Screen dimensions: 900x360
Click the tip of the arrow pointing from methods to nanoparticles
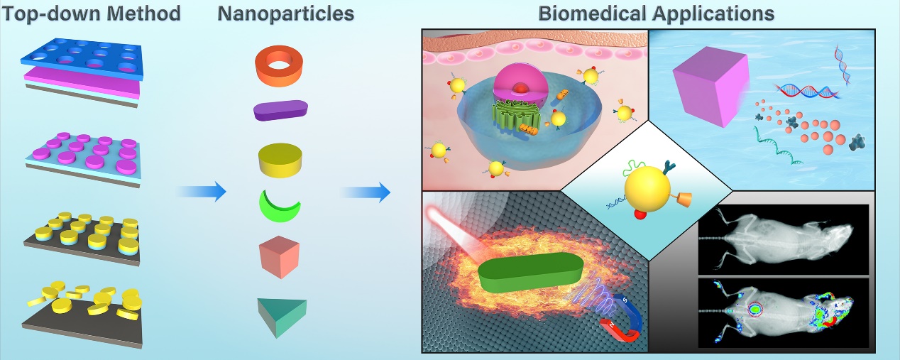(226, 192)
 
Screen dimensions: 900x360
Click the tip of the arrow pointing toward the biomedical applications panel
(390, 192)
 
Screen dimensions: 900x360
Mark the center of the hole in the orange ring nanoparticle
(279, 65)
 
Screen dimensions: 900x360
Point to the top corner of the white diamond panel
(648, 120)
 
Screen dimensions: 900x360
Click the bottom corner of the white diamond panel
(648, 261)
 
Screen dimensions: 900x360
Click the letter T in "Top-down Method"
(10, 14)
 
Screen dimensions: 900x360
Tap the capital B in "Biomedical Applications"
(546, 13)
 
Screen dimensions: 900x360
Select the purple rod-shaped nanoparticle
(280, 111)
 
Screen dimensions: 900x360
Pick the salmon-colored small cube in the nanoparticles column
(280, 257)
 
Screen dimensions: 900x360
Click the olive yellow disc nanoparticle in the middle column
(280, 160)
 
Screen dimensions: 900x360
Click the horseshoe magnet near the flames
(622, 322)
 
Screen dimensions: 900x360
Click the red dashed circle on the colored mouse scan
(755, 309)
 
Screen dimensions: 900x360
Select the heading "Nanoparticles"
(285, 13)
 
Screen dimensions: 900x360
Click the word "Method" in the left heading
(143, 13)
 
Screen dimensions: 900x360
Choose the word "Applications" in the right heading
(713, 14)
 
